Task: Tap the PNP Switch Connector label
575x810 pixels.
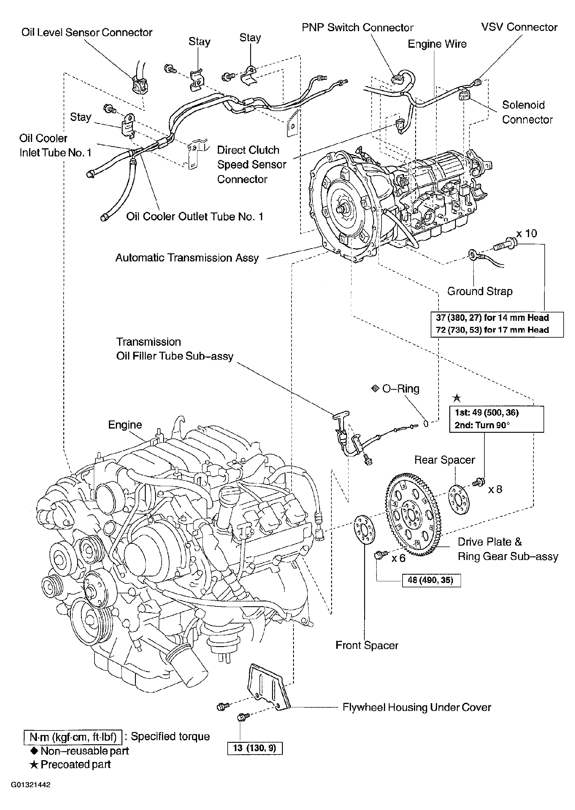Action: point(357,28)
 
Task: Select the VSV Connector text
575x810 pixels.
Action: point(519,27)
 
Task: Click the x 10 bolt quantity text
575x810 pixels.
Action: point(526,233)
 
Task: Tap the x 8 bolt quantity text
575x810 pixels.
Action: point(495,489)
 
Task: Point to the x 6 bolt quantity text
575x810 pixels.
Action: point(398,559)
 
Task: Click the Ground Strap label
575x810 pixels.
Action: point(480,291)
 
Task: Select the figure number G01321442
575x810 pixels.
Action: point(31,784)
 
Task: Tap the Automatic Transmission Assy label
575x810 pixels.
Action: point(187,257)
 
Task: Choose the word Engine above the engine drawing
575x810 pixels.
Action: point(125,425)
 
